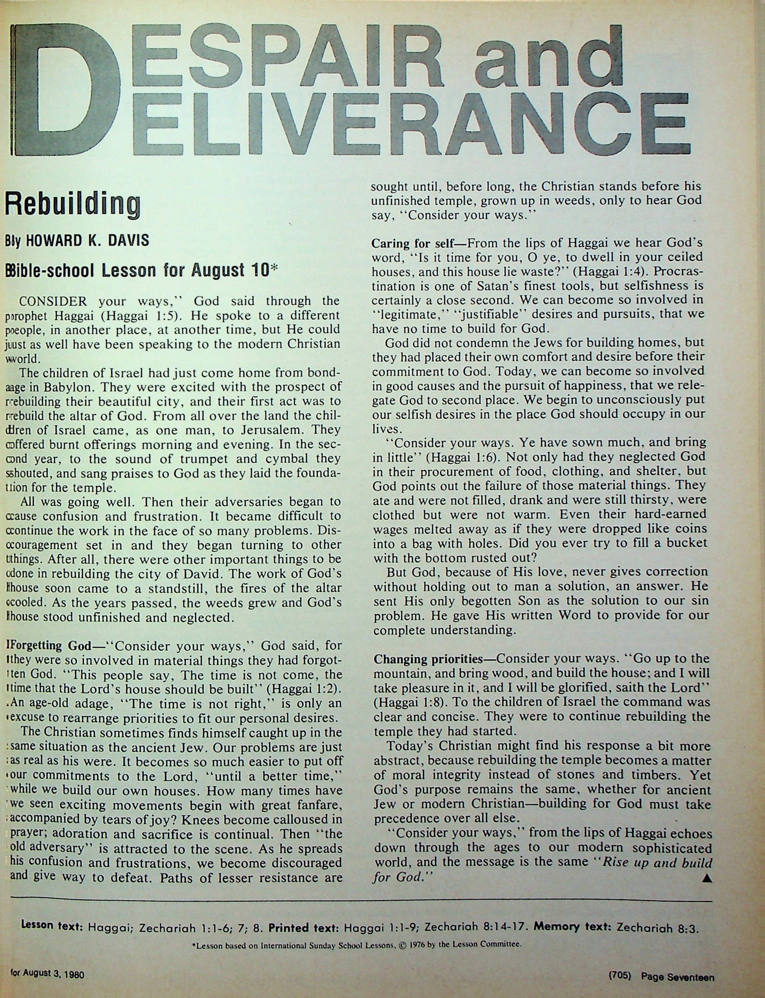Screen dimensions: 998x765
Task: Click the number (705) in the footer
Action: [620, 972]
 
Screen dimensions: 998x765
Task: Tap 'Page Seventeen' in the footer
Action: [677, 972]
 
